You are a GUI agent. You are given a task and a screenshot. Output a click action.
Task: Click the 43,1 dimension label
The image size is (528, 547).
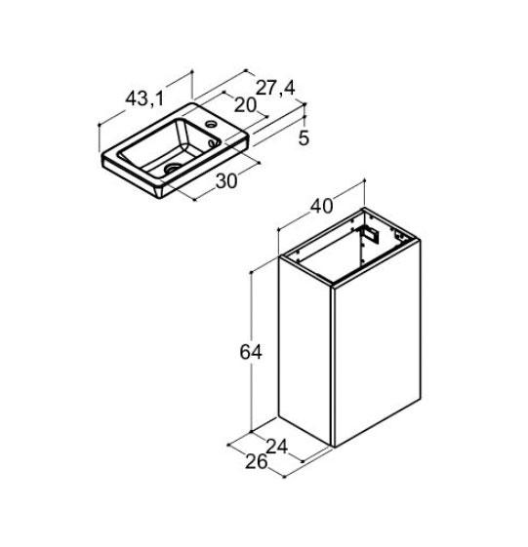point(144,98)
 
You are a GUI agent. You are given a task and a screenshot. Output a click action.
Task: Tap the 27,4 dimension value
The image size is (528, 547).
point(275,88)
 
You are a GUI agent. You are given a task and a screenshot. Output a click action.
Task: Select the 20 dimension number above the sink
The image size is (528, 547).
point(245,104)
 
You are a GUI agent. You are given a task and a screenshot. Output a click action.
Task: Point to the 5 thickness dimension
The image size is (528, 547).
point(304,138)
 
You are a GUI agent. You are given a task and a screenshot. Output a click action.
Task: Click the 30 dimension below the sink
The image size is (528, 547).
point(226,180)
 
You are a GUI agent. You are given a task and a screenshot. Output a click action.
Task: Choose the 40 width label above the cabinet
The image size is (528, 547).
point(322,206)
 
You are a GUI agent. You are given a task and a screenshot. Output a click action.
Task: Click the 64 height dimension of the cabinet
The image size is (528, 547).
point(251,352)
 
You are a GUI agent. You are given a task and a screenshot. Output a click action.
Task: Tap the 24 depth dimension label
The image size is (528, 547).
point(277,446)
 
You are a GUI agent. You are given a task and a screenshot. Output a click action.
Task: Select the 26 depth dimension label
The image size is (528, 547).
point(257,462)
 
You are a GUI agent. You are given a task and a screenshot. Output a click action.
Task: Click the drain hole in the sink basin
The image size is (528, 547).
point(173,168)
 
